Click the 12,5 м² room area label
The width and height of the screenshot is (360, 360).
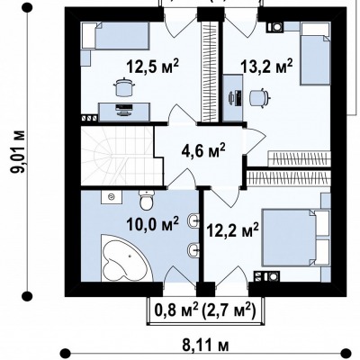(x=152, y=66)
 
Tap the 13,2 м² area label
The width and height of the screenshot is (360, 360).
(x=266, y=66)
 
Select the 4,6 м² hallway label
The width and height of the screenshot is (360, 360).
(x=203, y=151)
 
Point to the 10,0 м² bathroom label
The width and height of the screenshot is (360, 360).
(x=152, y=223)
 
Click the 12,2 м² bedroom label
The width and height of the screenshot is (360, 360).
(x=232, y=230)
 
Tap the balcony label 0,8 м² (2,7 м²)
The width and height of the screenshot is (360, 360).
(x=205, y=311)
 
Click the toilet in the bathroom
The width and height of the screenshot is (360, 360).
(x=147, y=200)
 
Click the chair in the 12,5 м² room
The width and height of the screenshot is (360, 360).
(x=123, y=87)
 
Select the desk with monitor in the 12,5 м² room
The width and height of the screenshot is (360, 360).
(x=124, y=112)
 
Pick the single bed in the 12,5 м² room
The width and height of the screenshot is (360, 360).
(x=115, y=36)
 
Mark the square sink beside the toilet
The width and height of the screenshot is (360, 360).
(x=112, y=197)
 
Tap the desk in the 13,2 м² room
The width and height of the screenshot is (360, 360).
(x=233, y=98)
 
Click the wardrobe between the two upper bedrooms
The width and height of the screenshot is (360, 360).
(x=210, y=71)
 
